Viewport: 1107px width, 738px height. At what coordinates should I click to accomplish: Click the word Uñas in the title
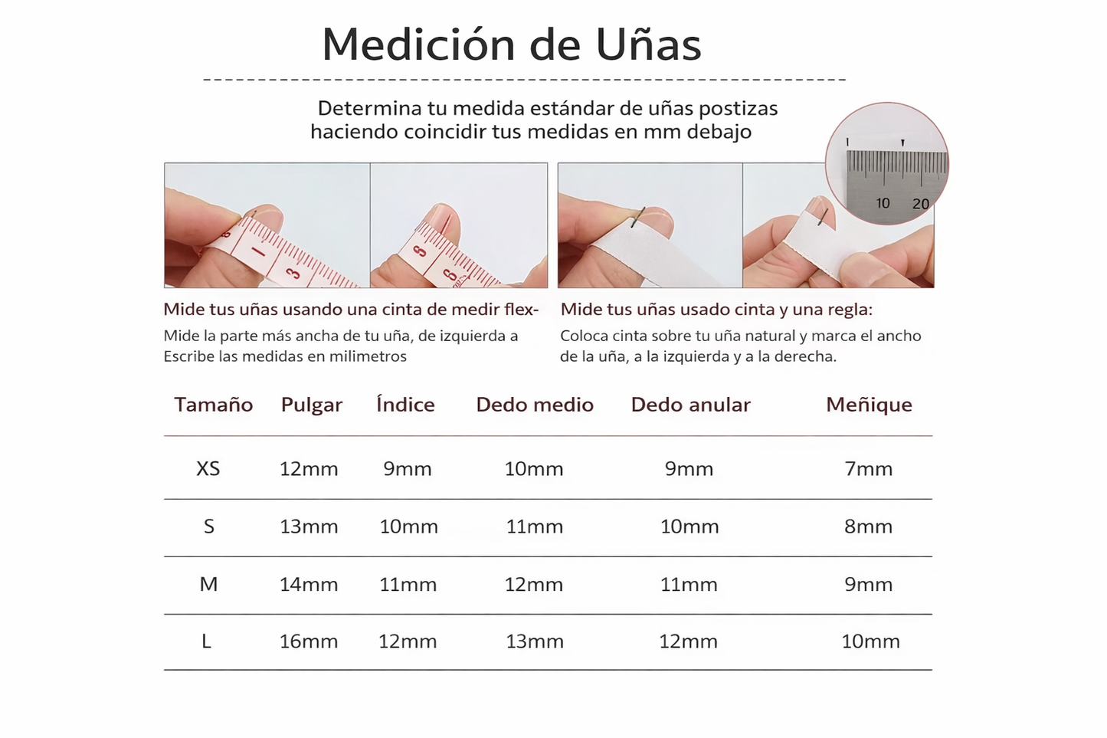coord(648,44)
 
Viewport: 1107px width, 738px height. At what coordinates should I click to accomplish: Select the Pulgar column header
coord(311,405)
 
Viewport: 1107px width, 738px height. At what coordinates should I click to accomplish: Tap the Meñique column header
coord(869,405)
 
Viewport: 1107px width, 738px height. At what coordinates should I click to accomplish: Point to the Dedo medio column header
coord(534,405)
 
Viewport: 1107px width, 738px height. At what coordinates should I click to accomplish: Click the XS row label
coord(208,468)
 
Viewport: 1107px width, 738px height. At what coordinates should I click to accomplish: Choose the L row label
coord(207,641)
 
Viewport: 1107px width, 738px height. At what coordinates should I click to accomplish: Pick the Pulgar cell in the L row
coord(309,641)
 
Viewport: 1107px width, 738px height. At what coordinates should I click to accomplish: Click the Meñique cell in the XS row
coord(868,468)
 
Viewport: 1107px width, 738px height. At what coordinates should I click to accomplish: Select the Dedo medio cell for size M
coord(534,585)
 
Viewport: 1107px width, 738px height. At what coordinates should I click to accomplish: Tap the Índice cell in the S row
coord(408,526)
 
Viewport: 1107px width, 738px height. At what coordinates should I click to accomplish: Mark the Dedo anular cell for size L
coord(688,641)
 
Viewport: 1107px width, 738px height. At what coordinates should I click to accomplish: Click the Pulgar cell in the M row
coord(309,585)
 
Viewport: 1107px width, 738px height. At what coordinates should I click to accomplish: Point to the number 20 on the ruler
coord(920,204)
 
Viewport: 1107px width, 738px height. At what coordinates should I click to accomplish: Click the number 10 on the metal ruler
coord(883,203)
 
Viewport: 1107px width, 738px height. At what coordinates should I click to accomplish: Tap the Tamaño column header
coord(214,405)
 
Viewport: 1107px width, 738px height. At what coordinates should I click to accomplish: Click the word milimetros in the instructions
coord(368,356)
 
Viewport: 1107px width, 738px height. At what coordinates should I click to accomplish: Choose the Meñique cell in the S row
coord(868,526)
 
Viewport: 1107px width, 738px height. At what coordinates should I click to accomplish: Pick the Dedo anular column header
coord(690,405)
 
